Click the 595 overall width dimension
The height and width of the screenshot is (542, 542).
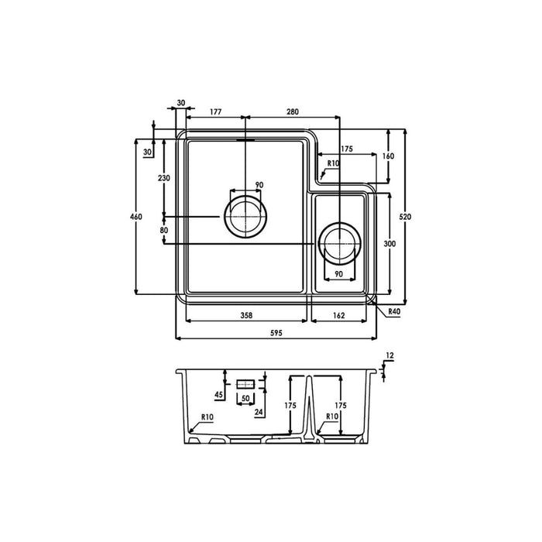(276, 332)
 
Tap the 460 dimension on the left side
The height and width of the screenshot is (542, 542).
(136, 217)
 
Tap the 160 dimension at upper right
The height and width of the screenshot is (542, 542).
(389, 156)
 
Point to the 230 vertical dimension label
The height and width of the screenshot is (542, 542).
(163, 178)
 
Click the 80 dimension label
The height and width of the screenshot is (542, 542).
(163, 230)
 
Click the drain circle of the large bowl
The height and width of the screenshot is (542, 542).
(245, 215)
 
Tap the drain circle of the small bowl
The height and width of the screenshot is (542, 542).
(338, 244)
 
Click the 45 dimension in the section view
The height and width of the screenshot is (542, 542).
(219, 396)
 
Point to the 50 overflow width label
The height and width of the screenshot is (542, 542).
(245, 398)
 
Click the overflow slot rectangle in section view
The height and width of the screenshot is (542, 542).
(245, 383)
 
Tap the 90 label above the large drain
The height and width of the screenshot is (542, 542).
(259, 185)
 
